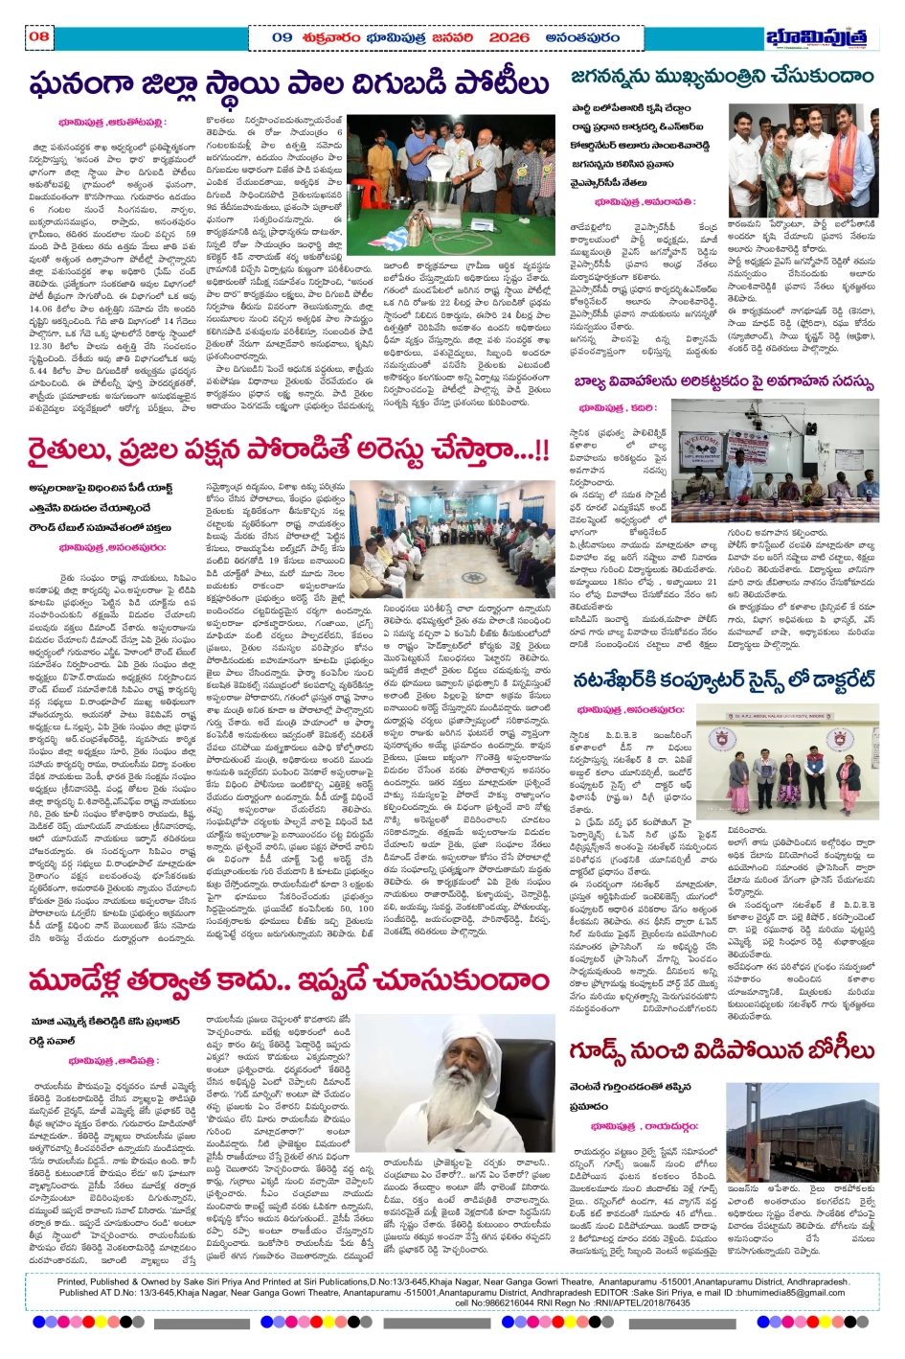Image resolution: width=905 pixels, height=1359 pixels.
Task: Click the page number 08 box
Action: pos(38,37)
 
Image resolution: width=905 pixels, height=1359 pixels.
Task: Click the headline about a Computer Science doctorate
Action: pos(723,679)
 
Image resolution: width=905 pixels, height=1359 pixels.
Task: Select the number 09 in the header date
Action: pos(282,37)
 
